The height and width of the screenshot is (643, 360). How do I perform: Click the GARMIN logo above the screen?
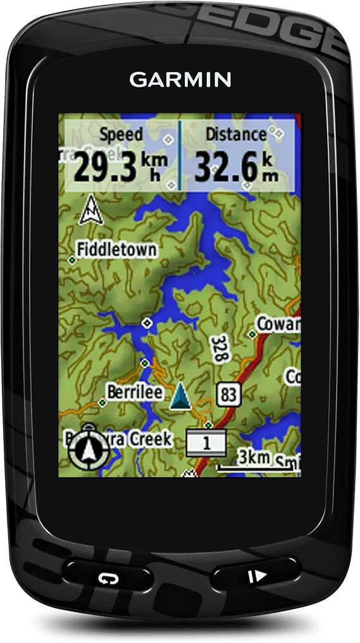coord(180,80)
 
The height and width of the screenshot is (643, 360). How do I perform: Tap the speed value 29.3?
coord(105,166)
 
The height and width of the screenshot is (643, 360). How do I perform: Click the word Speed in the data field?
coord(121,135)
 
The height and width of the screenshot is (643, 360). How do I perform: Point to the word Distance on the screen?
coord(235,135)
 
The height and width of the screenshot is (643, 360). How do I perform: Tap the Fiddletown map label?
coord(117,250)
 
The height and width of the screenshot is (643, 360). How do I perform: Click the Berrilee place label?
coord(134,392)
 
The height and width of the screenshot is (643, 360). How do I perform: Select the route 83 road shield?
coord(228,395)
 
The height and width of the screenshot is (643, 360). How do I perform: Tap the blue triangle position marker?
coord(181,396)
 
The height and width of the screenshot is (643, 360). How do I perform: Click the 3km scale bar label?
coord(255,457)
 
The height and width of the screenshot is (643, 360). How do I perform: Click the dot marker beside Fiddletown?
coord(72,260)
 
